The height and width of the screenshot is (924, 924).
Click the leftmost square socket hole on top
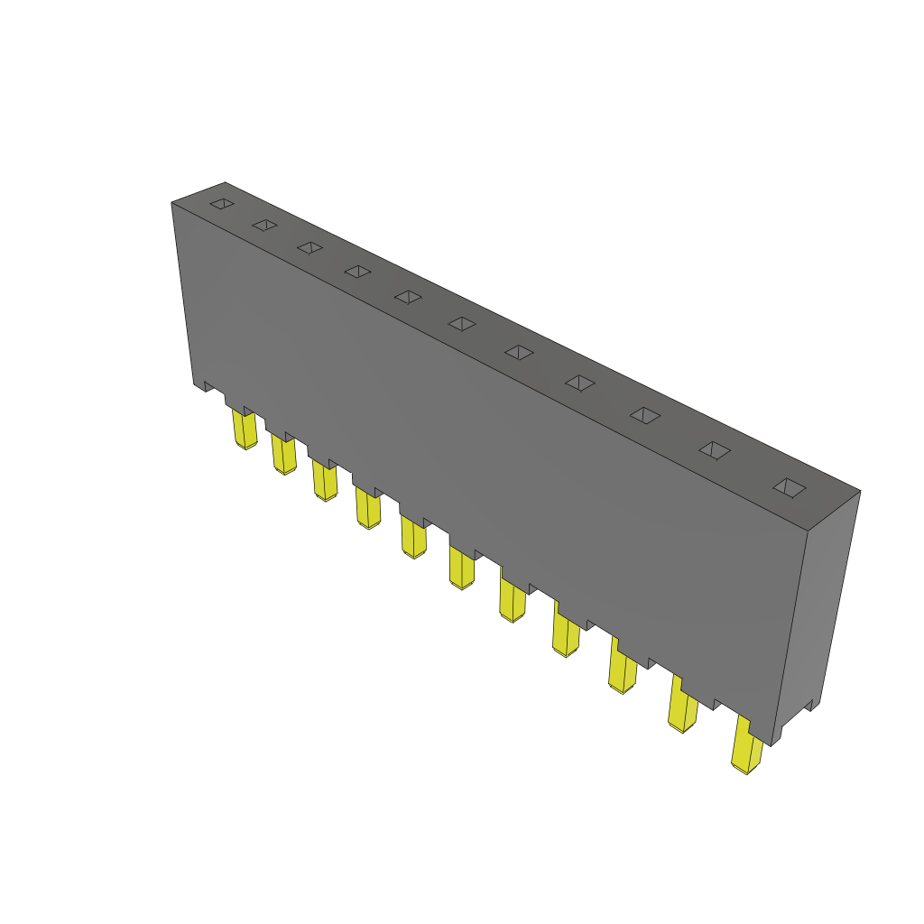pyautogui.click(x=222, y=204)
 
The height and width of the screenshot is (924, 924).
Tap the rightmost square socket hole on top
pyautogui.click(x=790, y=487)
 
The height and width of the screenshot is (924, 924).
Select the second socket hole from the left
pyautogui.click(x=264, y=225)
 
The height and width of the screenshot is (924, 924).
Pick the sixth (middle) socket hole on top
pyautogui.click(x=462, y=323)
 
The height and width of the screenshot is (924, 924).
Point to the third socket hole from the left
pyautogui.click(x=310, y=247)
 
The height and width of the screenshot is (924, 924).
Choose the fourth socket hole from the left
pyautogui.click(x=358, y=271)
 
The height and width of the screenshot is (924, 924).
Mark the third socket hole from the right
pyautogui.click(x=644, y=414)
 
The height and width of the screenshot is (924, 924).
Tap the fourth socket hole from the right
pyautogui.click(x=579, y=383)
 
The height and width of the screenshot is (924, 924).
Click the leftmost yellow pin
pyautogui.click(x=245, y=430)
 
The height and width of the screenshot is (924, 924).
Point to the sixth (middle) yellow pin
pyautogui.click(x=461, y=568)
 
